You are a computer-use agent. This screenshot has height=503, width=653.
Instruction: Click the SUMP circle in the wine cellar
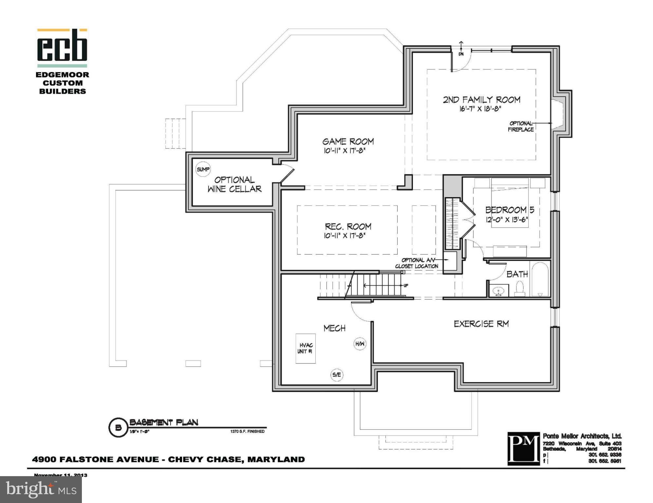tap(203, 169)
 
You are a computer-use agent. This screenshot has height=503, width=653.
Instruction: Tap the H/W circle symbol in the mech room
tap(360, 344)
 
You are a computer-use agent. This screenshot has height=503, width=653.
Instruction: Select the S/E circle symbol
tap(337, 375)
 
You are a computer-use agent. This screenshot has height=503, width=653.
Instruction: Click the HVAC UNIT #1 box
tap(305, 348)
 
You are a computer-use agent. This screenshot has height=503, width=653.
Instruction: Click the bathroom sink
tap(498, 291)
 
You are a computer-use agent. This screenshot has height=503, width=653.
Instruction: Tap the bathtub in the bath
tap(540, 279)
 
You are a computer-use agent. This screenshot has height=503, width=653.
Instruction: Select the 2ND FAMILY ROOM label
tap(481, 100)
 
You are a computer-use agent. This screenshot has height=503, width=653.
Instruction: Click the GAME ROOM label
tap(348, 141)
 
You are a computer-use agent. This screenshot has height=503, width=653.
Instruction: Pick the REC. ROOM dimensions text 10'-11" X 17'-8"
tap(345, 235)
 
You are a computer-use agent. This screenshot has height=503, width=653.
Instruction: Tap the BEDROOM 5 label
tap(509, 210)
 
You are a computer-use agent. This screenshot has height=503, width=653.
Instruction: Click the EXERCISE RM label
tap(481, 324)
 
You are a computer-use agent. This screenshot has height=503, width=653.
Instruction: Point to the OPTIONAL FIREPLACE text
tap(521, 126)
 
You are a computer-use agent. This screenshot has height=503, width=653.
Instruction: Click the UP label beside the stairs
tap(406, 286)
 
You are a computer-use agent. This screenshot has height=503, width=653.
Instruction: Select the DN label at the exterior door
tap(461, 54)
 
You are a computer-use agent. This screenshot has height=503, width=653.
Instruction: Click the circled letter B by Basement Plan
tap(118, 428)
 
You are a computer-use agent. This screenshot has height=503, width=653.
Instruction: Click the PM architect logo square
tap(523, 448)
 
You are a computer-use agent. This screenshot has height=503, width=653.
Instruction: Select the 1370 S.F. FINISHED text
tap(247, 431)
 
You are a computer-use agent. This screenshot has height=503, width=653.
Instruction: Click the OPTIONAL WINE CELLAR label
tap(234, 184)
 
